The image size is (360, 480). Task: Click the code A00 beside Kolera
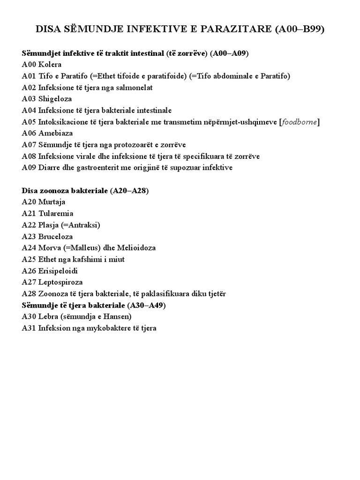29,65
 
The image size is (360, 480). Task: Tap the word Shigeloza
55,99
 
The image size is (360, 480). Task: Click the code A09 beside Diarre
29,168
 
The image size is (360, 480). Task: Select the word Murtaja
52,202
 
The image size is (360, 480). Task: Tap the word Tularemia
56,214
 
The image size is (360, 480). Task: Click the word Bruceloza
56,237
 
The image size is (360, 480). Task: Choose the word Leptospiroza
60,282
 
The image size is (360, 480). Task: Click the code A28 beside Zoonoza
29,294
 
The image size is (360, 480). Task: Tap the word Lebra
48,317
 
